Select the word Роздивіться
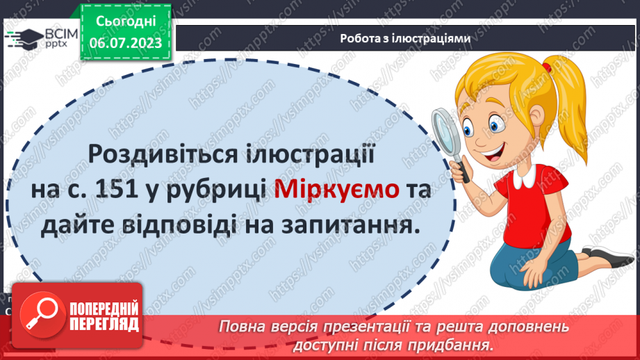156,153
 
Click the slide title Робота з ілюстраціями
405,39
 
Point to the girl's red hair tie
548,68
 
